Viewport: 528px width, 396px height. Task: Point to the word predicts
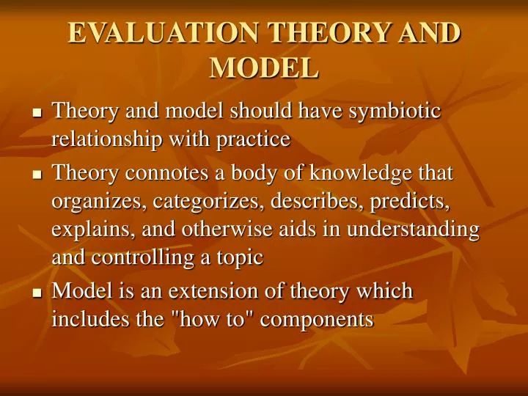[x=409, y=202]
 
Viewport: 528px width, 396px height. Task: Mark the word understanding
[x=413, y=230]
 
